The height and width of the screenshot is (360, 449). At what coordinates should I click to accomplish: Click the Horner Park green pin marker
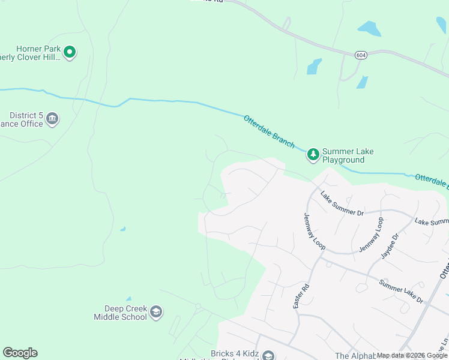(70, 53)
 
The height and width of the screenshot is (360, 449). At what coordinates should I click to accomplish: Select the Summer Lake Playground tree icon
(313, 155)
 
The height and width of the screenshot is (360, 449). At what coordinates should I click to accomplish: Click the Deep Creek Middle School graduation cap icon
(156, 311)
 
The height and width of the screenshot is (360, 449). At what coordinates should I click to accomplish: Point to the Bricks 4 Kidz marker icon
(268, 356)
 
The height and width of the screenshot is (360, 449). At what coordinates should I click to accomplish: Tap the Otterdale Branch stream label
(270, 131)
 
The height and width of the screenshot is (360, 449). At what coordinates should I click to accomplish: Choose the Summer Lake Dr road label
(401, 291)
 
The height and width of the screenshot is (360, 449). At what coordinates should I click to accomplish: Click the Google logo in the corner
(20, 353)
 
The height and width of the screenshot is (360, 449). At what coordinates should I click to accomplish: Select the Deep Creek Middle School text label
(120, 312)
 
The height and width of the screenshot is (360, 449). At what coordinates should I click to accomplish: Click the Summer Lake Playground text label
(348, 155)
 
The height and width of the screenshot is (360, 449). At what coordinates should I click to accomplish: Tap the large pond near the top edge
(369, 28)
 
